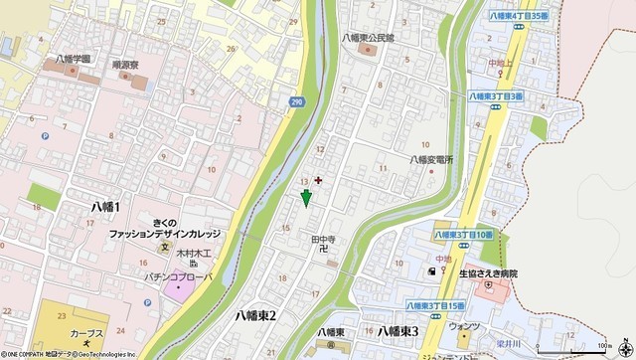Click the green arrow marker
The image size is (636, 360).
point(306,197)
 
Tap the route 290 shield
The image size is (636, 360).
point(297,101)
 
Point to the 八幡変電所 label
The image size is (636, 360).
point(431,159)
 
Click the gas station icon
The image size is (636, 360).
point(431,270)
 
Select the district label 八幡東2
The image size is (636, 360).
point(255,315)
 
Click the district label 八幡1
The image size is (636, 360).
point(104,206)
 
